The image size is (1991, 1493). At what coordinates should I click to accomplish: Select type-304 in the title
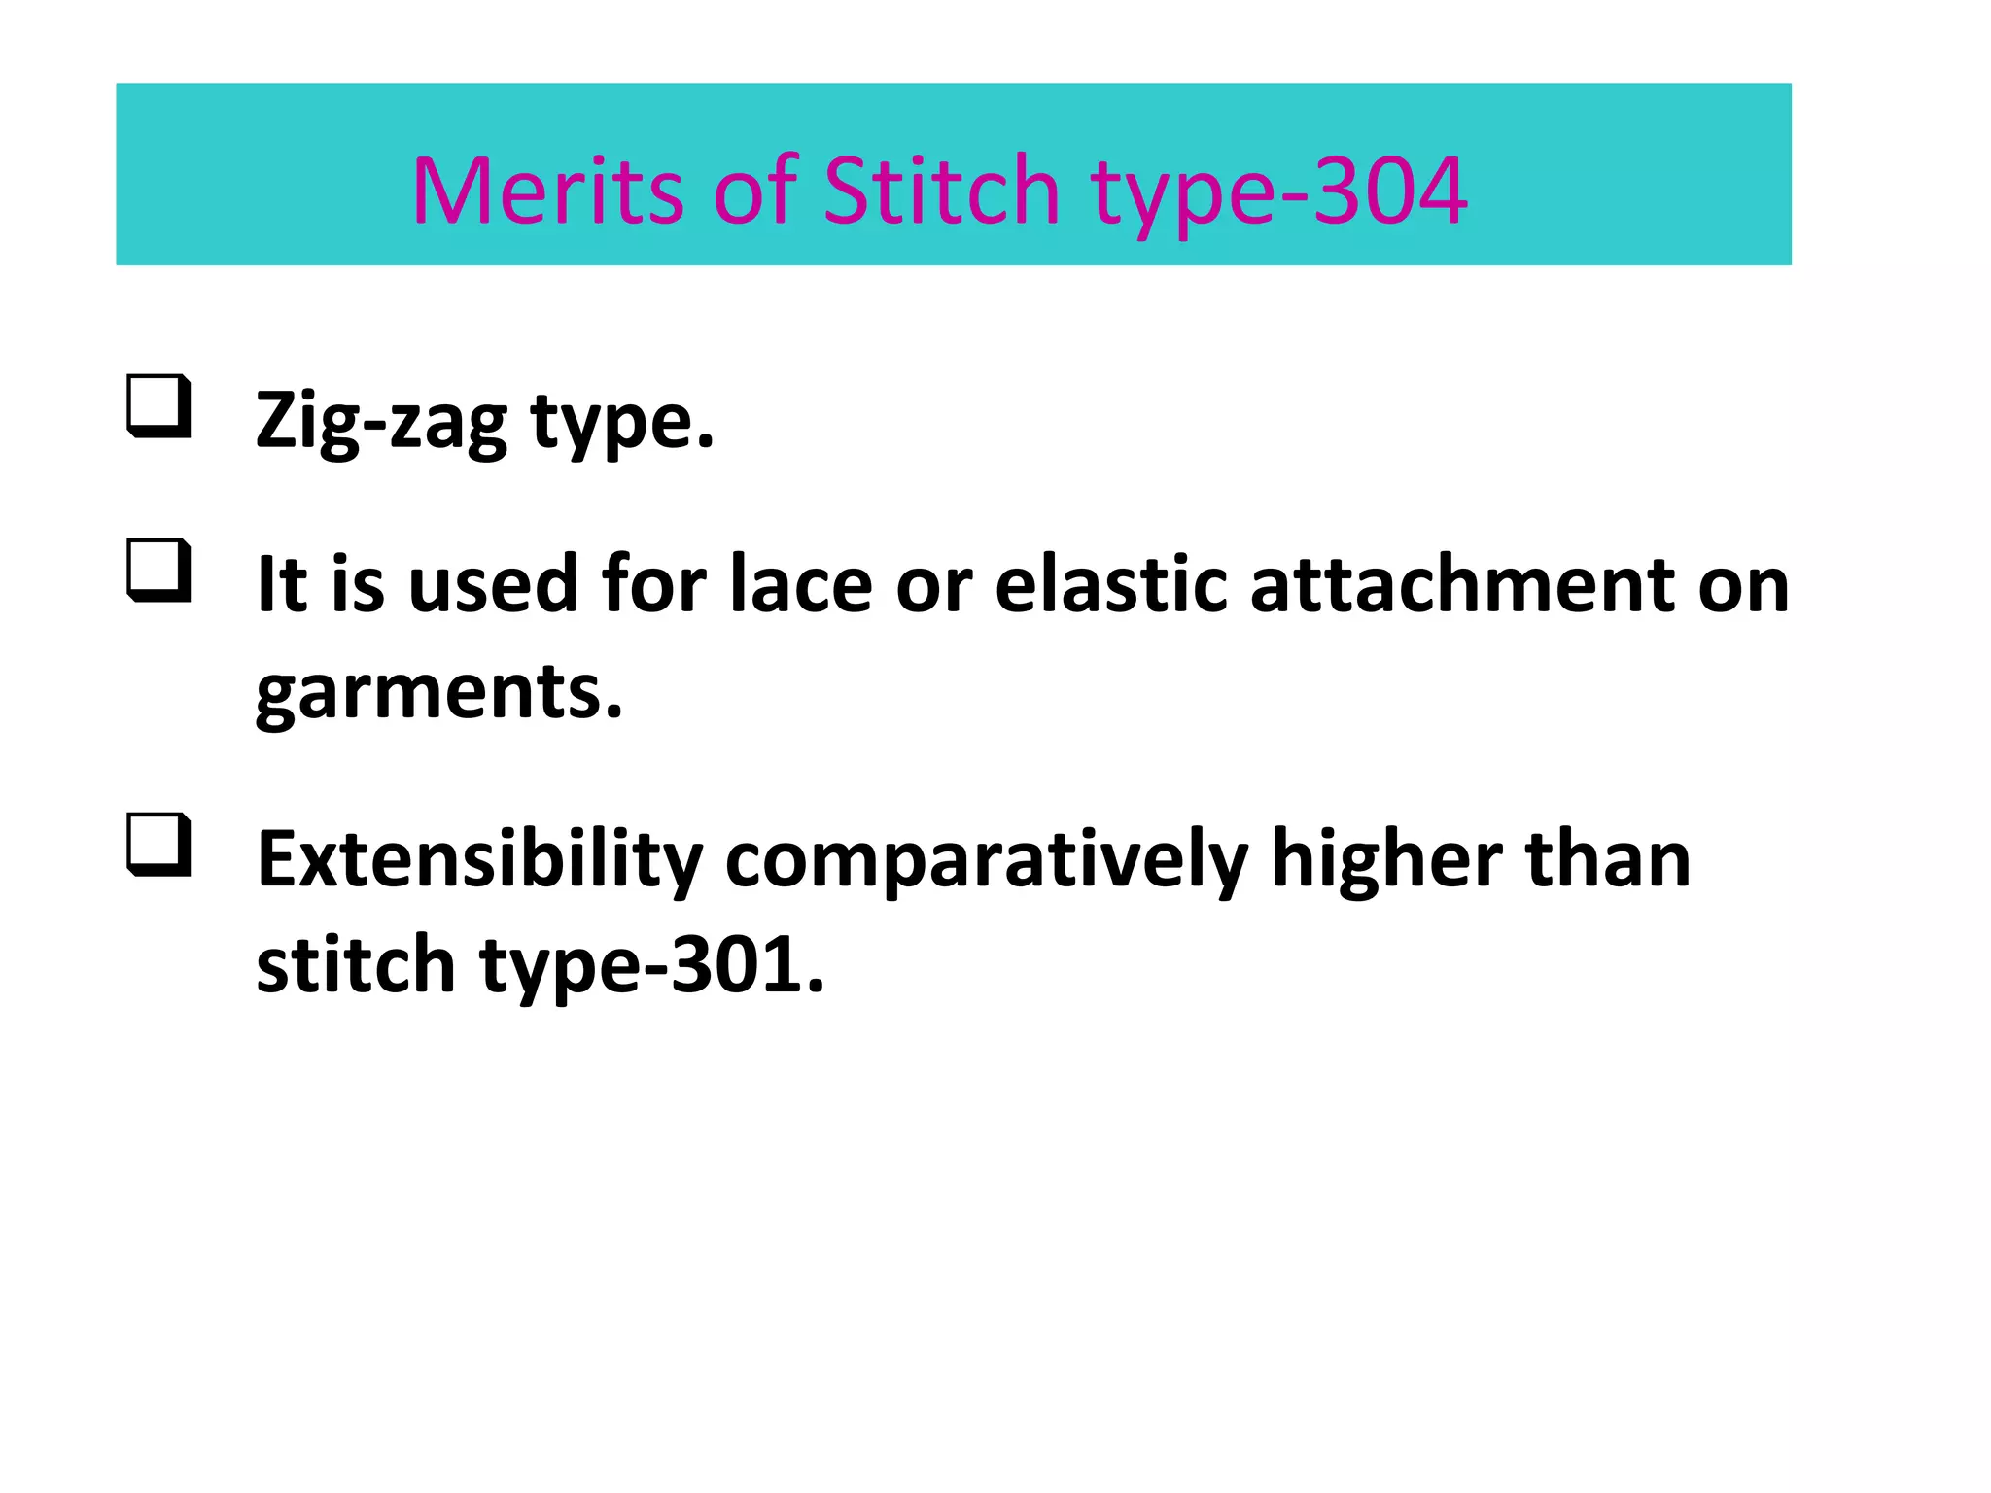pyautogui.click(x=1278, y=192)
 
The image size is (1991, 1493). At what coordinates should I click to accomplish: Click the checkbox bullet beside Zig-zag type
pyautogui.click(x=157, y=406)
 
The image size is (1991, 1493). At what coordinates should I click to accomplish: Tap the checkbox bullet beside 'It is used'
pyautogui.click(x=157, y=571)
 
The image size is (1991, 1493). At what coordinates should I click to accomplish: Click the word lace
pyautogui.click(x=801, y=585)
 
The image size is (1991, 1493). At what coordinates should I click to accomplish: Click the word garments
pyautogui.click(x=438, y=693)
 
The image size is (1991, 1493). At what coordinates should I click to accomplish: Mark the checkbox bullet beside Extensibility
pyautogui.click(x=157, y=845)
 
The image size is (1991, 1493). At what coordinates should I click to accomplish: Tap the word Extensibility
pyautogui.click(x=479, y=860)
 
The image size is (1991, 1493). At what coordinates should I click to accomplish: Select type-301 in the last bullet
pyautogui.click(x=651, y=967)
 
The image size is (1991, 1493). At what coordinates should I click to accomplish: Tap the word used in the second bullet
pyautogui.click(x=493, y=585)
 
